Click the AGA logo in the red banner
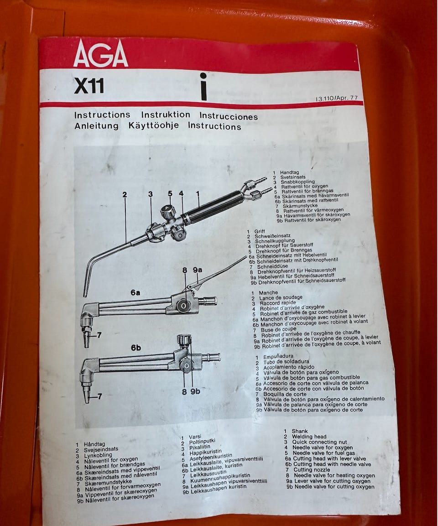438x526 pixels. click(x=101, y=54)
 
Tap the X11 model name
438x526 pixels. click(x=89, y=86)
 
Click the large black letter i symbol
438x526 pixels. click(x=203, y=87)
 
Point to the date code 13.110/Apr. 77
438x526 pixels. click(x=336, y=98)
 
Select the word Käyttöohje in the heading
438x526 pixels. click(x=154, y=126)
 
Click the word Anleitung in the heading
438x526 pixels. click(x=97, y=126)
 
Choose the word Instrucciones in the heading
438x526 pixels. click(x=229, y=116)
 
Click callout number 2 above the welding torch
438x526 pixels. click(x=125, y=194)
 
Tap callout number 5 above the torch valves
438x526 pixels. click(x=170, y=193)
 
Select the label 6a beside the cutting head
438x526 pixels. click(x=136, y=292)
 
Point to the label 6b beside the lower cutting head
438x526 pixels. click(x=136, y=348)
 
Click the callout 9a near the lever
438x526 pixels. click(x=198, y=270)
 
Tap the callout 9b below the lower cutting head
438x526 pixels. click(x=195, y=391)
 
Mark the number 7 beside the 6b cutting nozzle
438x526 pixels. click(x=99, y=396)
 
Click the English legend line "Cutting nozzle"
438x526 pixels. click(x=312, y=469)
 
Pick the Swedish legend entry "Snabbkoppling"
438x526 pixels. click(x=298, y=182)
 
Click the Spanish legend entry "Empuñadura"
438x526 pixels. click(x=278, y=357)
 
